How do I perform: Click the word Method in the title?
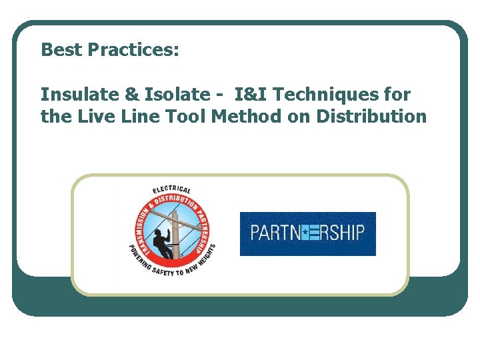click(x=243, y=117)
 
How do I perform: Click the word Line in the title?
click(x=131, y=117)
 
